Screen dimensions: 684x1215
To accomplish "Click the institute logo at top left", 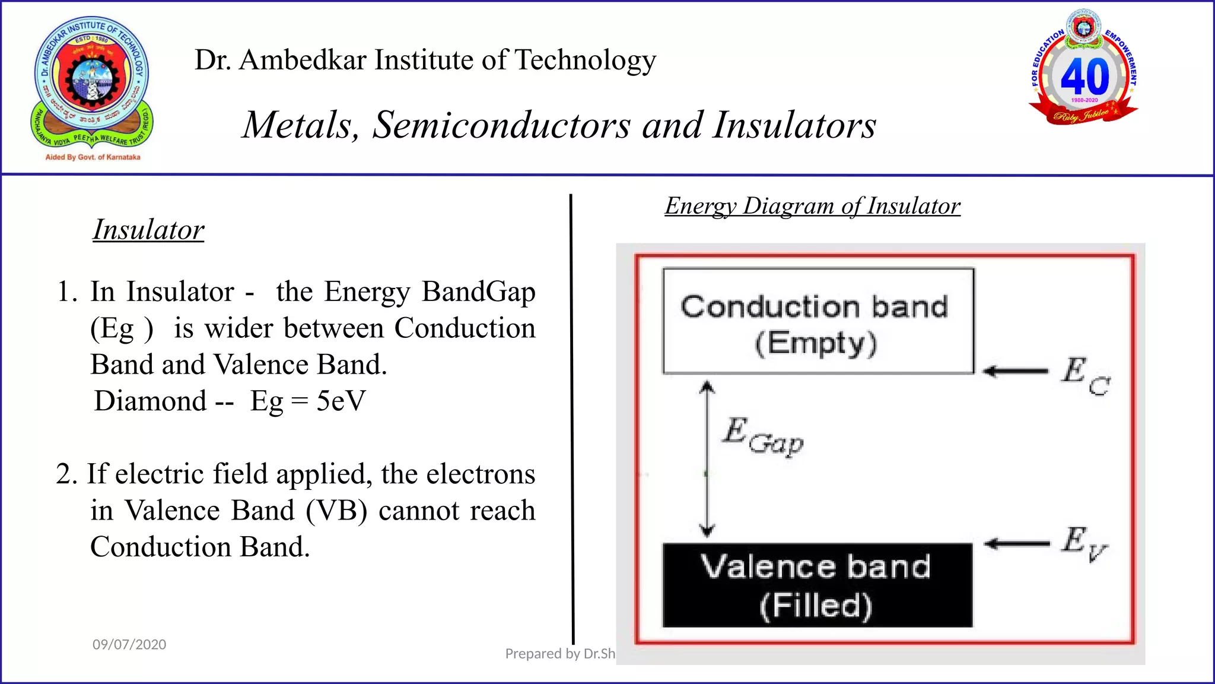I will (x=92, y=83).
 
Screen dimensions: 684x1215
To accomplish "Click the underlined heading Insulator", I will (x=148, y=230).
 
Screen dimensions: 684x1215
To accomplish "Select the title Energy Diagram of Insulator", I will (x=812, y=206).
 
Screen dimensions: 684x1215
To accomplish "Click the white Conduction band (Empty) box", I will (x=818, y=321).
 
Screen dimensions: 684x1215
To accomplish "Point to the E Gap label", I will (x=763, y=436).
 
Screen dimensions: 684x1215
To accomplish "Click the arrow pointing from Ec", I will (x=1015, y=372).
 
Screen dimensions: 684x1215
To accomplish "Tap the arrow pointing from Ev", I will (x=1016, y=543).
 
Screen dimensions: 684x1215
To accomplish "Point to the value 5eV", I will (x=341, y=401).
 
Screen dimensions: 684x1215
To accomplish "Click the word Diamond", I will (x=151, y=401).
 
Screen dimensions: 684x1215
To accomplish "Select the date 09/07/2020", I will (x=129, y=644).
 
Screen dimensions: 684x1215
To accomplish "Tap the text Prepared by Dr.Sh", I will (x=559, y=654).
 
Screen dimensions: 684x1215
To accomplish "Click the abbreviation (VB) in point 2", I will (x=336, y=511).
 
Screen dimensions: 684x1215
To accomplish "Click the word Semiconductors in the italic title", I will (x=501, y=125).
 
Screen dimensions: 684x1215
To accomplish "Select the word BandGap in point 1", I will (x=478, y=292).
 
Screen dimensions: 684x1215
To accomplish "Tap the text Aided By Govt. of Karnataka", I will (x=93, y=157).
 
